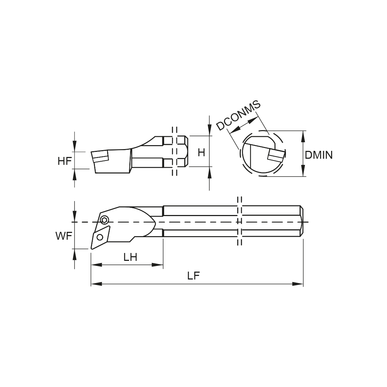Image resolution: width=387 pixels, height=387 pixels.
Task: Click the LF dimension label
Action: (193, 276)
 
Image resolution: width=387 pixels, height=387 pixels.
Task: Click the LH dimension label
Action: (130, 257)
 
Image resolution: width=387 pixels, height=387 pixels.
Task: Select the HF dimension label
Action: (65, 161)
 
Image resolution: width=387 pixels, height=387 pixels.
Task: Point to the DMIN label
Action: (319, 155)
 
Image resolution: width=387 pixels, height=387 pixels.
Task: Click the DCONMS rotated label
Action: (238, 116)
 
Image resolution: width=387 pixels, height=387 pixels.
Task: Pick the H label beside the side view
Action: (201, 152)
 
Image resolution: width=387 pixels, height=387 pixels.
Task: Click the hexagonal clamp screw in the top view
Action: (104, 220)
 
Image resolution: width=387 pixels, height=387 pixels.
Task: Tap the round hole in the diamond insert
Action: (100, 236)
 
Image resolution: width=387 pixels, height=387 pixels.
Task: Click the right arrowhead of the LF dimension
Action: (298, 284)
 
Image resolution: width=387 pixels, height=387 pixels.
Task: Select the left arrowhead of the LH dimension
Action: (96, 265)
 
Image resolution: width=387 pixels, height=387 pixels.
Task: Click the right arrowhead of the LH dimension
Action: (158, 265)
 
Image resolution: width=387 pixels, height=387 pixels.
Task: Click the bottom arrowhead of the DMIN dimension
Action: (304, 171)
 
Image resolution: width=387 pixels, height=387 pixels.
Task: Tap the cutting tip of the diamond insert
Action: (92, 248)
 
